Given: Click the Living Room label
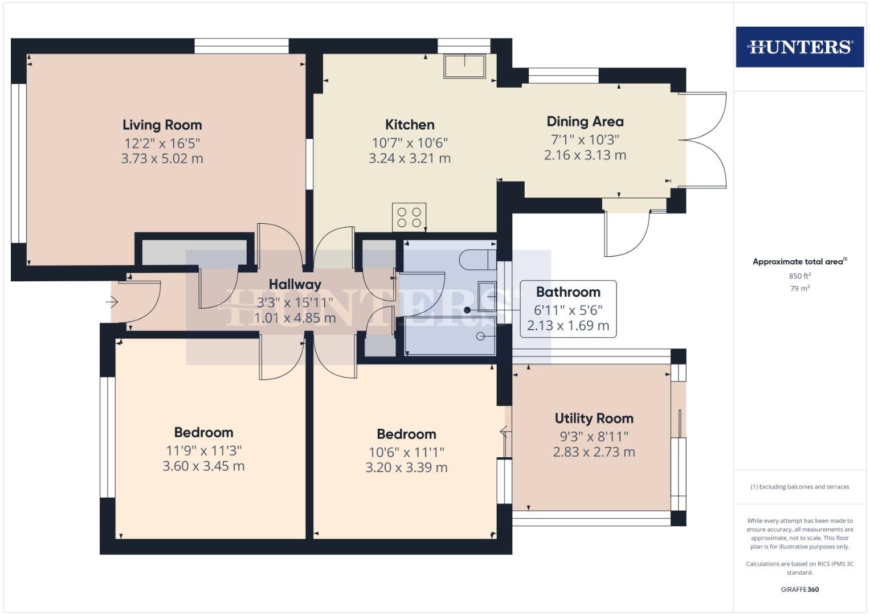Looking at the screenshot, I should (x=162, y=125).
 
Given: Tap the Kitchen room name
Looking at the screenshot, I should (x=410, y=125).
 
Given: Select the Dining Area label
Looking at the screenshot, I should (x=585, y=121).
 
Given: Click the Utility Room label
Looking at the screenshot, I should (x=594, y=419).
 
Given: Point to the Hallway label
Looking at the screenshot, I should (x=295, y=284).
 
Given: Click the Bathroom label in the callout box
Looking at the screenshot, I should (x=568, y=292).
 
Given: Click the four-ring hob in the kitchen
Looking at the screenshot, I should (x=409, y=217).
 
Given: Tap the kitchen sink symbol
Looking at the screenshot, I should (x=464, y=66).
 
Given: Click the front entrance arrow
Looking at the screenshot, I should (x=112, y=301).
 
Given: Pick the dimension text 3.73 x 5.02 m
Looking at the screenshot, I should (x=162, y=158).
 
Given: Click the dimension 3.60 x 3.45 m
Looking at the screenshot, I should (x=203, y=466).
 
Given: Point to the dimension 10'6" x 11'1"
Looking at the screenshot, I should (x=406, y=452).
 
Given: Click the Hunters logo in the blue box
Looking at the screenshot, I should (x=799, y=47).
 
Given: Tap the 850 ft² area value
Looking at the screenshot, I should (x=799, y=276).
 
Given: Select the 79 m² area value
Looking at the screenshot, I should (x=799, y=289).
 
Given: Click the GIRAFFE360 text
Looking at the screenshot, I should (x=799, y=589).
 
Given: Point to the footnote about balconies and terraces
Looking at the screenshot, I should (x=799, y=487).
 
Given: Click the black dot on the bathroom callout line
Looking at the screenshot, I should (x=467, y=310).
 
